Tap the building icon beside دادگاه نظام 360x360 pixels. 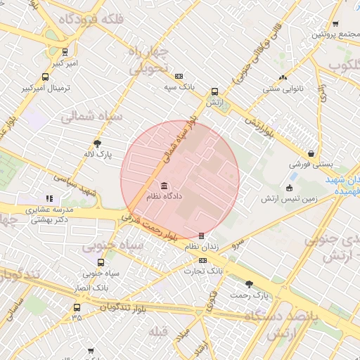164,186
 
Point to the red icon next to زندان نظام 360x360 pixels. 202,236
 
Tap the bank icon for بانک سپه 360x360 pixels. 179,76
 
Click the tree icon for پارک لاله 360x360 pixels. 97,143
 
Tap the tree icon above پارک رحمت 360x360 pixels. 250,284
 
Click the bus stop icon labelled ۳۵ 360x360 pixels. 77,307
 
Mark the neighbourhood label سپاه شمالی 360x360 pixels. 92,116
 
